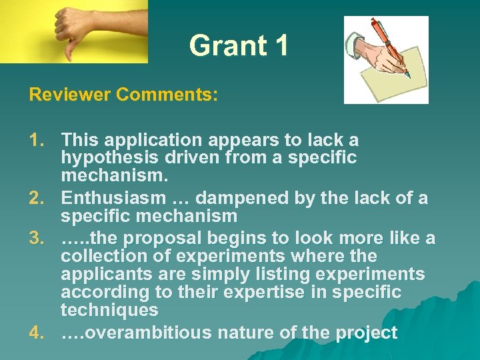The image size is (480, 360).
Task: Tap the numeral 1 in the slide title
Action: point(281,46)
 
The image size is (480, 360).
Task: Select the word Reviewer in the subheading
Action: point(69,95)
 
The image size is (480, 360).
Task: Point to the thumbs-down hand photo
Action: point(73,31)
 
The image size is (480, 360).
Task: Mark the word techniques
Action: point(109,311)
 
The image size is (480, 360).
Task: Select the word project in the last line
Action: point(368,333)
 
